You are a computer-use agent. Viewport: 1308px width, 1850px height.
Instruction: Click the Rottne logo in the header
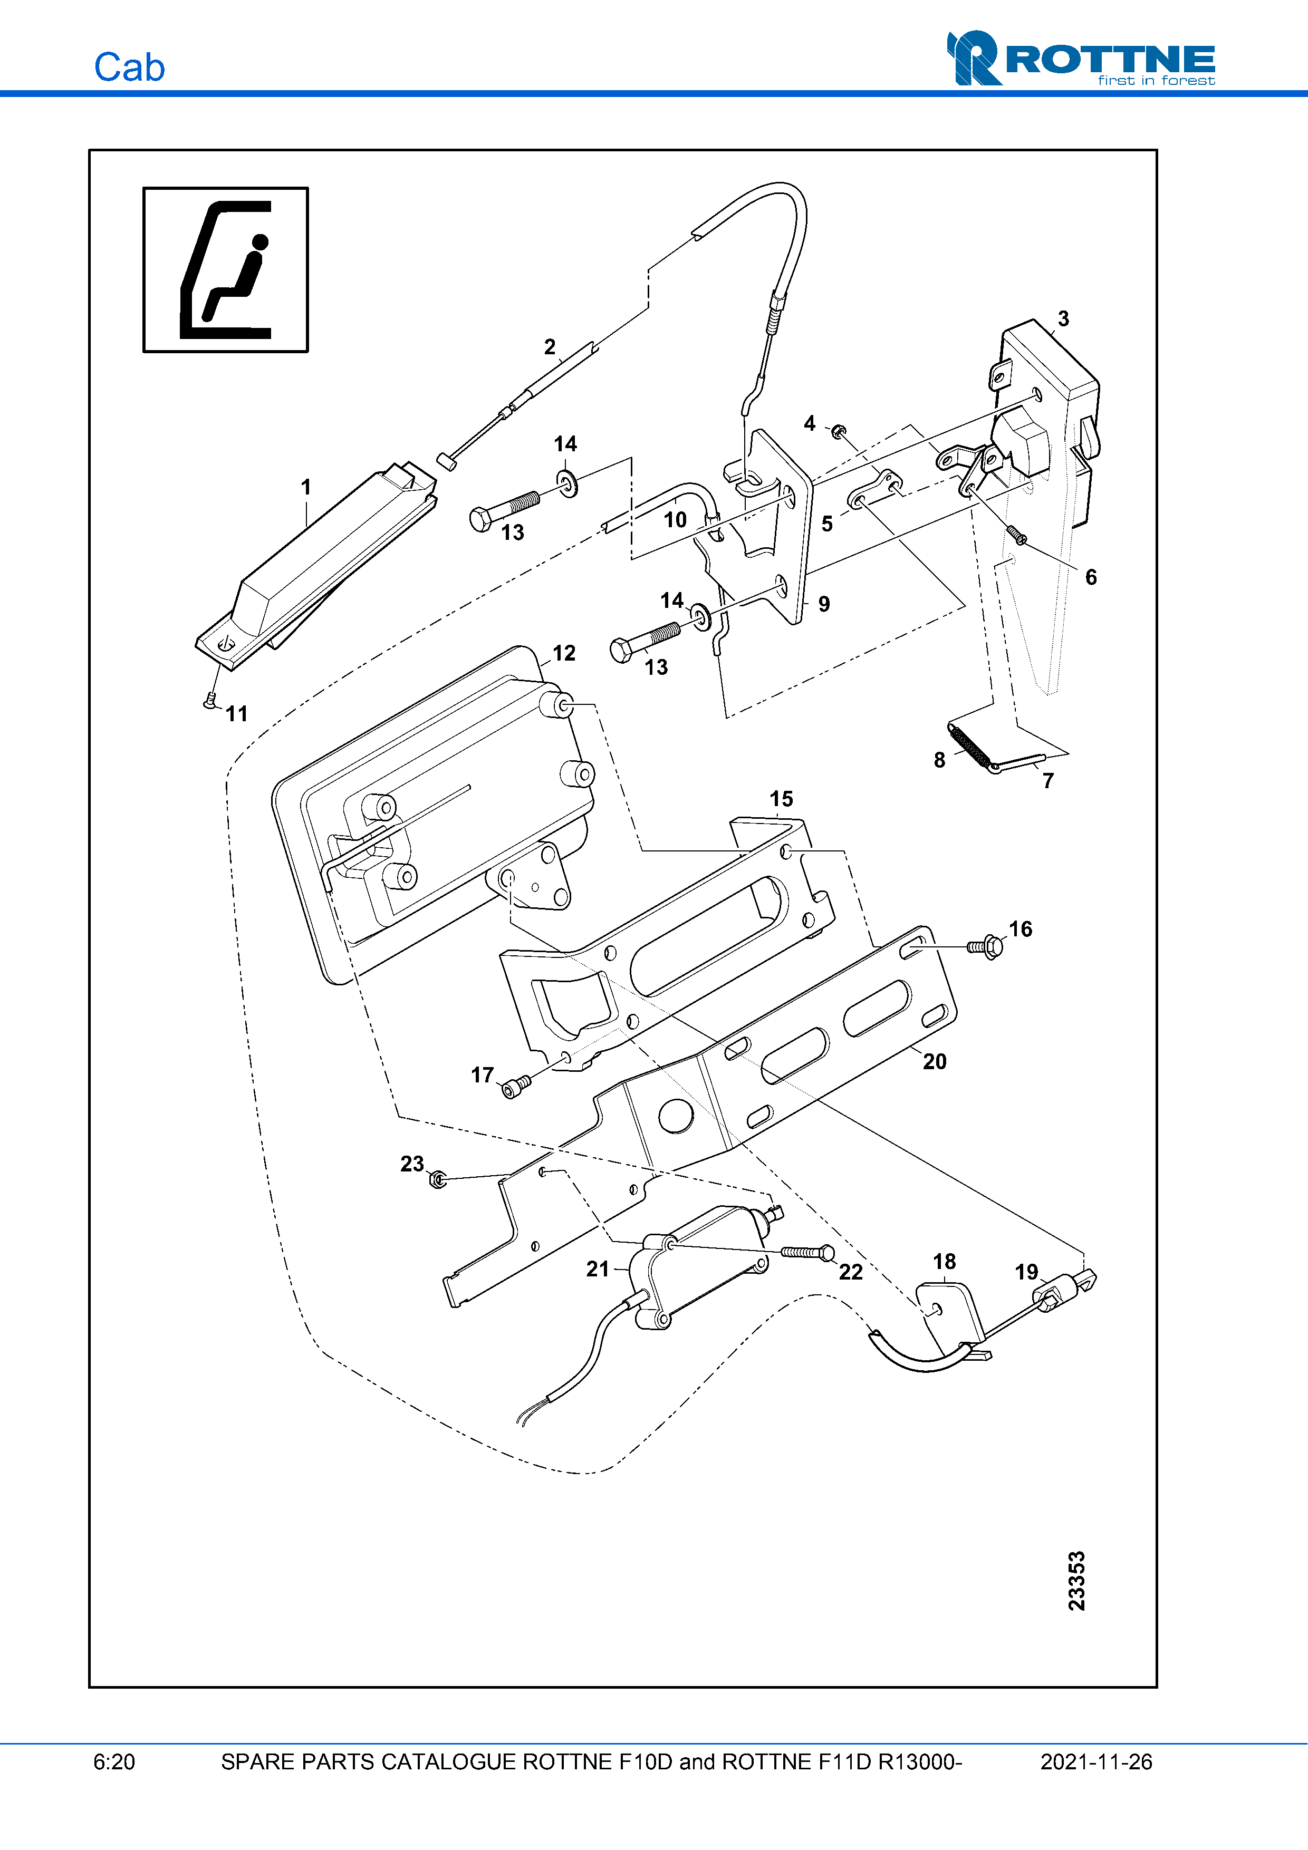click(x=1080, y=58)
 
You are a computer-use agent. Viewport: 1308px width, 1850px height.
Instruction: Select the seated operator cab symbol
click(x=226, y=270)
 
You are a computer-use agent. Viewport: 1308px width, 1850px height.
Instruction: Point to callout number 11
click(x=236, y=713)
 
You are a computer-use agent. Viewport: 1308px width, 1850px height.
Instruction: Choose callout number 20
click(x=934, y=1061)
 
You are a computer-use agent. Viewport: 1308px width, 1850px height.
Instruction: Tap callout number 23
click(x=412, y=1164)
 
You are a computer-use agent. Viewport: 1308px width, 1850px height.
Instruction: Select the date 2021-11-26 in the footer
click(x=1095, y=1761)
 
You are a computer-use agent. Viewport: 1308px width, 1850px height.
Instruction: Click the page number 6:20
click(x=114, y=1761)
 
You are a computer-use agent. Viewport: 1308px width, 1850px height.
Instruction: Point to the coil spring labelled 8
click(x=969, y=746)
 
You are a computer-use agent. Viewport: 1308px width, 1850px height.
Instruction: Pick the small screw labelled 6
click(x=1015, y=534)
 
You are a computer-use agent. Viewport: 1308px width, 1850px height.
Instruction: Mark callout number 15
click(x=781, y=799)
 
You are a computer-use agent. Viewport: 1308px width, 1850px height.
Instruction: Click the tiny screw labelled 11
click(x=211, y=701)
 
